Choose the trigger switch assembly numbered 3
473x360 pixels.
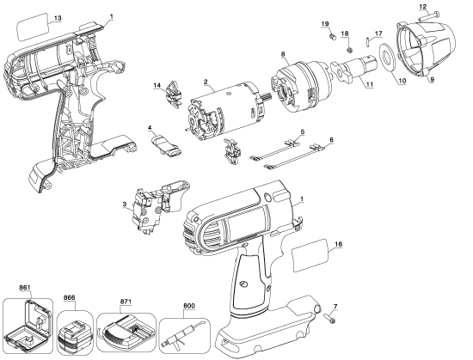point(147,211)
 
